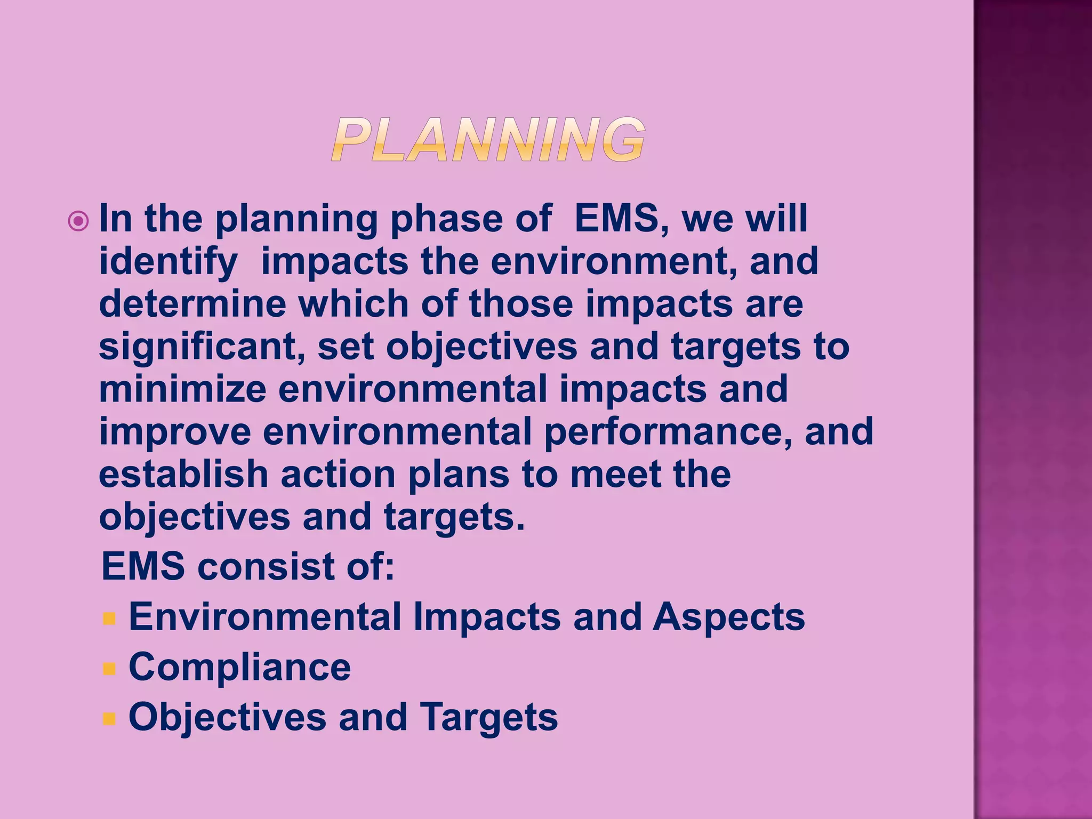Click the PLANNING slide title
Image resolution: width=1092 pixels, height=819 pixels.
[488, 140]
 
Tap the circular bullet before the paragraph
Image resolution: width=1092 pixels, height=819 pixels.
[78, 221]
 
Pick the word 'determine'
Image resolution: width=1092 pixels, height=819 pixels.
[192, 304]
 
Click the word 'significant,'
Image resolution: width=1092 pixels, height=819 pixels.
[202, 347]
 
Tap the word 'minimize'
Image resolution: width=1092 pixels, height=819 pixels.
[182, 389]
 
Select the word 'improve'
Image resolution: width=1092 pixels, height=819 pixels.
[175, 431]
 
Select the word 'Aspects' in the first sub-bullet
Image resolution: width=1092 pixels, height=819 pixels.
[729, 617]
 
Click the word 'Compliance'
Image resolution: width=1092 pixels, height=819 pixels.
[240, 667]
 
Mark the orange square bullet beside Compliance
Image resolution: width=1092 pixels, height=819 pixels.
[109, 669]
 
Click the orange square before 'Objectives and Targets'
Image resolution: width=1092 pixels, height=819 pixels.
[109, 719]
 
